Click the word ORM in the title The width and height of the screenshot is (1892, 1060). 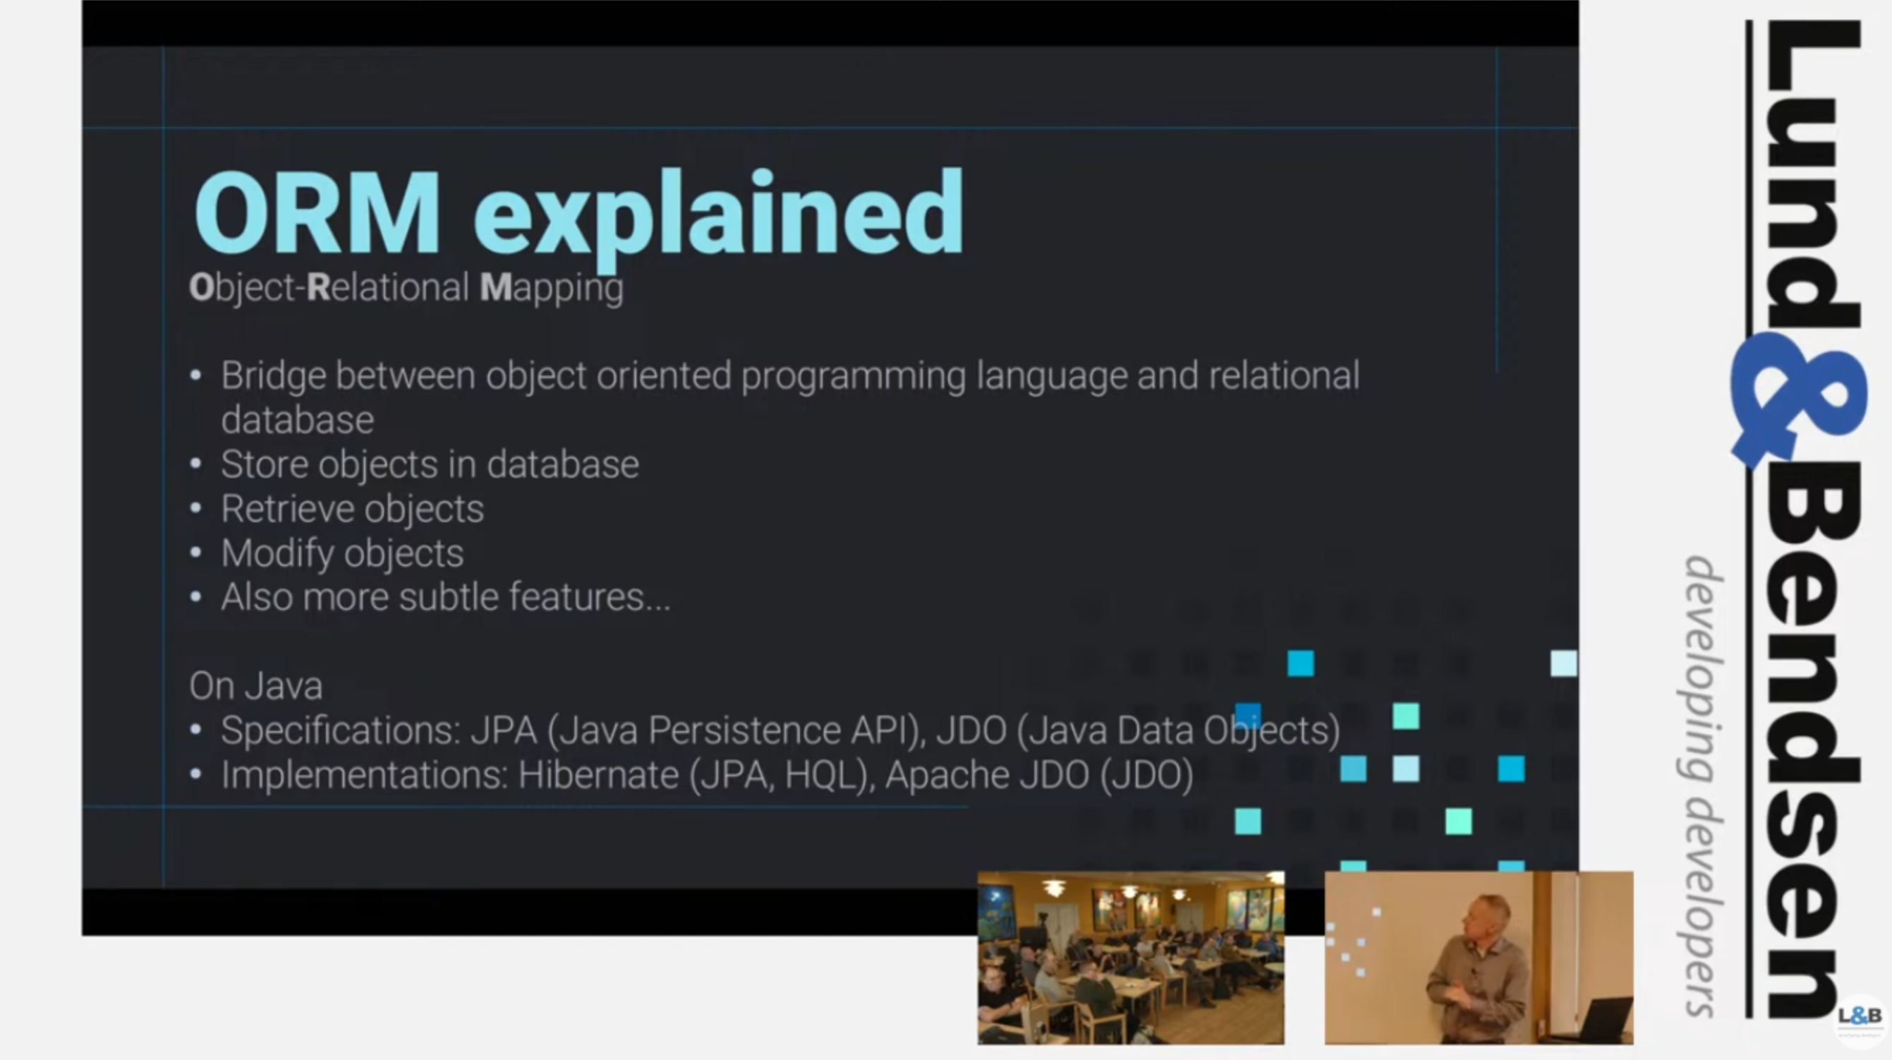pyautogui.click(x=317, y=212)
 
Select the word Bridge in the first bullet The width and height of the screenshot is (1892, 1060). pyautogui.click(x=273, y=377)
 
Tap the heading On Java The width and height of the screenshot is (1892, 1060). pyautogui.click(x=255, y=686)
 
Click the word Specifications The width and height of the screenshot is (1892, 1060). pyautogui.click(x=341, y=731)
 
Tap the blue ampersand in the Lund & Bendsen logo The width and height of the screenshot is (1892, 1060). pyautogui.click(x=1799, y=400)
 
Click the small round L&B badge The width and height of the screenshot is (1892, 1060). pyautogui.click(x=1860, y=1018)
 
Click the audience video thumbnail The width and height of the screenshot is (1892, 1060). pyautogui.click(x=1131, y=958)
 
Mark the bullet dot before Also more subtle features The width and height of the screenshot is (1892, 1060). pyautogui.click(x=195, y=596)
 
